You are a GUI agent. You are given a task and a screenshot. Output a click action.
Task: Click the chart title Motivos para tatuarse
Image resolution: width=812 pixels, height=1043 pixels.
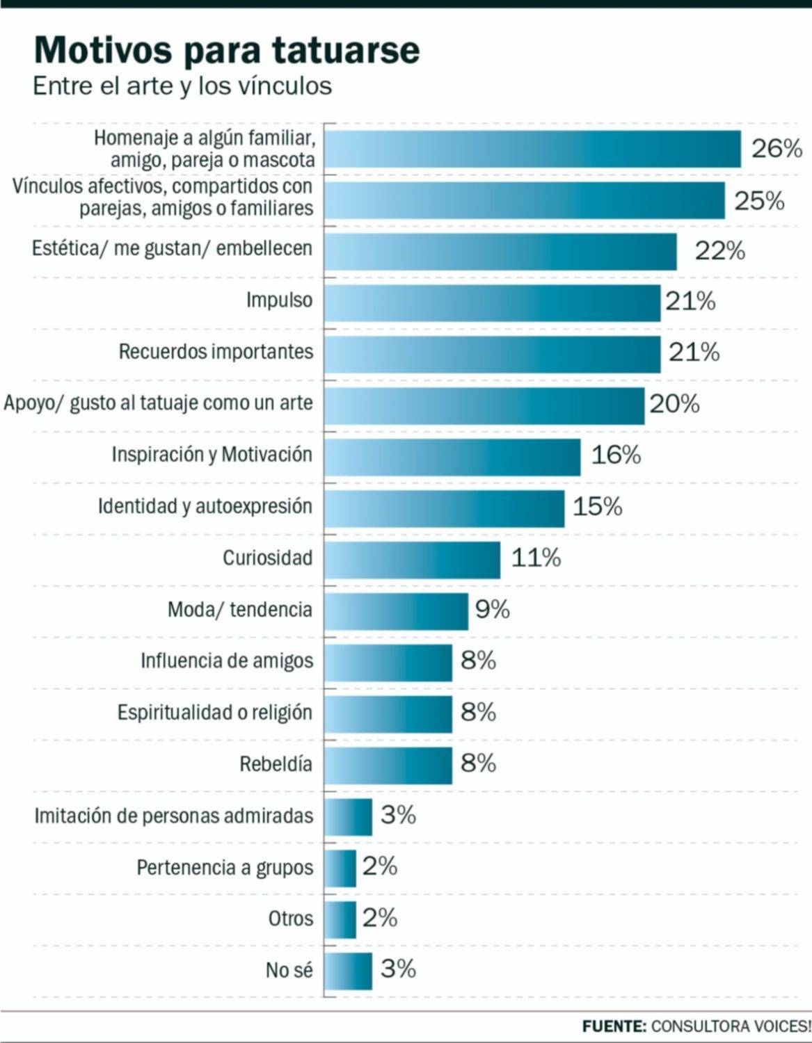[x=227, y=50]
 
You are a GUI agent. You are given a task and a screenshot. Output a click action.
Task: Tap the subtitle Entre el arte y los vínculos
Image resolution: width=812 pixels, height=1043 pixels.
[x=182, y=86]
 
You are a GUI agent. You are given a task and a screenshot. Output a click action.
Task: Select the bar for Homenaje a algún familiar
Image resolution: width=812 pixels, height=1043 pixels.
[x=532, y=149]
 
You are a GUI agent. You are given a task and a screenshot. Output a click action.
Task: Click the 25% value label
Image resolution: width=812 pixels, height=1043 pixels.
[x=759, y=201]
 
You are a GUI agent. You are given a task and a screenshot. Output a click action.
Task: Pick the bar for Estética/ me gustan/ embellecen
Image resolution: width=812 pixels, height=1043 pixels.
[x=500, y=251]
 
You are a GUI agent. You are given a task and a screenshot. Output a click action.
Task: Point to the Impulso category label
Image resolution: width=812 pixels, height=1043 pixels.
[x=279, y=300]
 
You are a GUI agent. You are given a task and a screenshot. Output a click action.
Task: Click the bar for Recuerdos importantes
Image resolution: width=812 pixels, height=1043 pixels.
[x=492, y=354]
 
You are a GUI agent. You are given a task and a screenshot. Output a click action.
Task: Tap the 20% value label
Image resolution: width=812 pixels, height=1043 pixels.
[x=674, y=404]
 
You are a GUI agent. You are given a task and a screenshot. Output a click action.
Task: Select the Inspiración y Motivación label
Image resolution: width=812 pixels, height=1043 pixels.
[x=212, y=455]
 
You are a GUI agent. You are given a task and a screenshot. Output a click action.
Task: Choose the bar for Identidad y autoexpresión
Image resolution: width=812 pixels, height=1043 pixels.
[x=444, y=508]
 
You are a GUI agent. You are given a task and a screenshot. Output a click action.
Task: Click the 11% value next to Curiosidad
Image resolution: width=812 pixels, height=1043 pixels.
[x=536, y=558]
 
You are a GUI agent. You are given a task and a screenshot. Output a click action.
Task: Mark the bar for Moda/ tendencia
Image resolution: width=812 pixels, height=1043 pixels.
[x=396, y=611]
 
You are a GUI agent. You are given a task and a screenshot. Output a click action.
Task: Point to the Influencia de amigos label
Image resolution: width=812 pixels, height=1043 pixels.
[x=227, y=661]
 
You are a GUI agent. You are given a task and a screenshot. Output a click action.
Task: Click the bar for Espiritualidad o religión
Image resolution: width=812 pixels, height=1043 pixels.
[x=388, y=714]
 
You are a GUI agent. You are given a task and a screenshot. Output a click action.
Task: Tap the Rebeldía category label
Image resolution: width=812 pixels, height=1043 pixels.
[x=276, y=764]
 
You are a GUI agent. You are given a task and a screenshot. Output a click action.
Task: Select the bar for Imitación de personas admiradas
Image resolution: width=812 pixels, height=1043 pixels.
[x=348, y=817]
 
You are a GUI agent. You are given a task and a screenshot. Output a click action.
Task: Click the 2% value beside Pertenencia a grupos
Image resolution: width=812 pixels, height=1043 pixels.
[x=379, y=866]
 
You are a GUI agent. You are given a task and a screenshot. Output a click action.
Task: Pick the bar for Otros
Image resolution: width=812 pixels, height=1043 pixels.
[x=340, y=919]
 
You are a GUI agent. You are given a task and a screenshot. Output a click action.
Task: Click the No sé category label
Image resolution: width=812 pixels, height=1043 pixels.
[x=289, y=970]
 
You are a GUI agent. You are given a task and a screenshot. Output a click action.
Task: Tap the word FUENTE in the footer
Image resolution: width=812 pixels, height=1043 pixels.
[x=614, y=1026]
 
